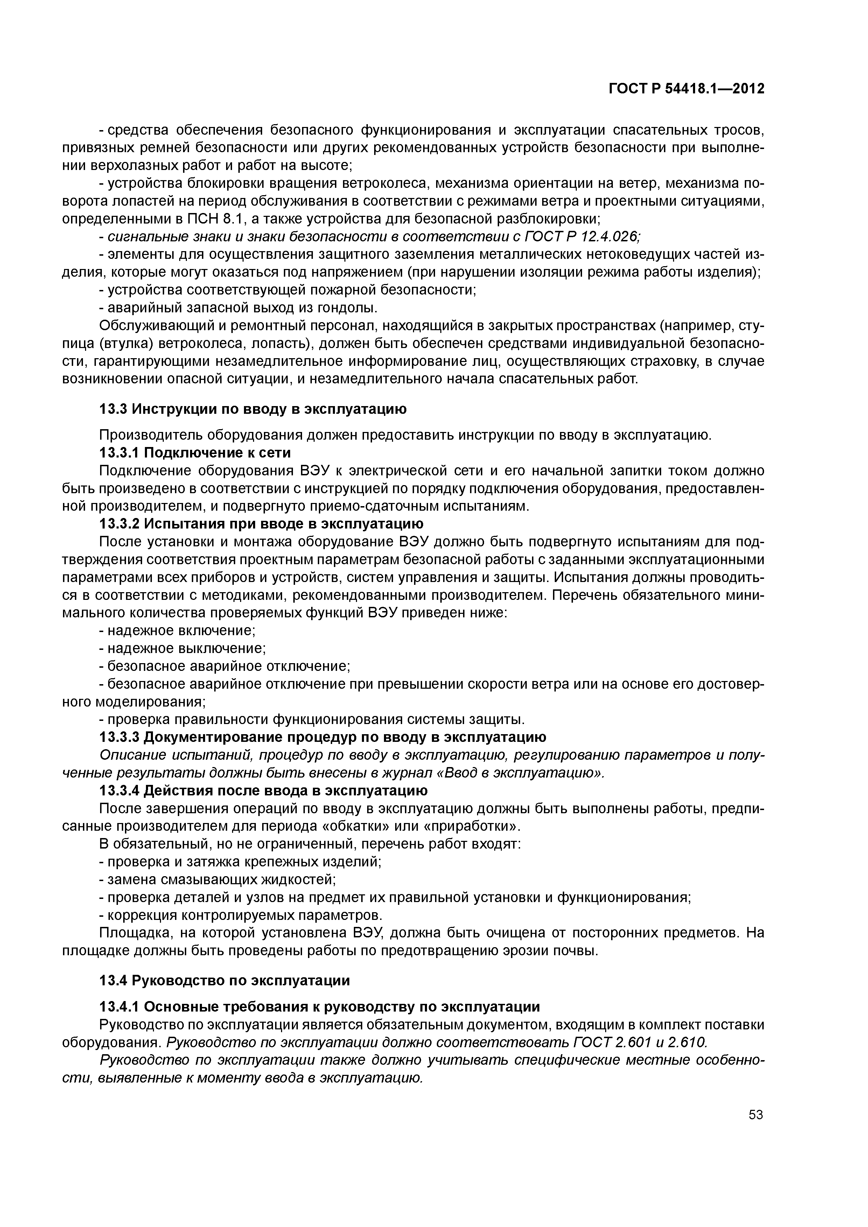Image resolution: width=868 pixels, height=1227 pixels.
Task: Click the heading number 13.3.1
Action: (x=119, y=453)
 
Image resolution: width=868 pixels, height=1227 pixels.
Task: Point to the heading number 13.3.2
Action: (x=119, y=523)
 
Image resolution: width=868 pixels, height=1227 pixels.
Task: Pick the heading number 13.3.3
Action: (x=119, y=737)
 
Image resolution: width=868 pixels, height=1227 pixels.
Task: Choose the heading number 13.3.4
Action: (x=119, y=790)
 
